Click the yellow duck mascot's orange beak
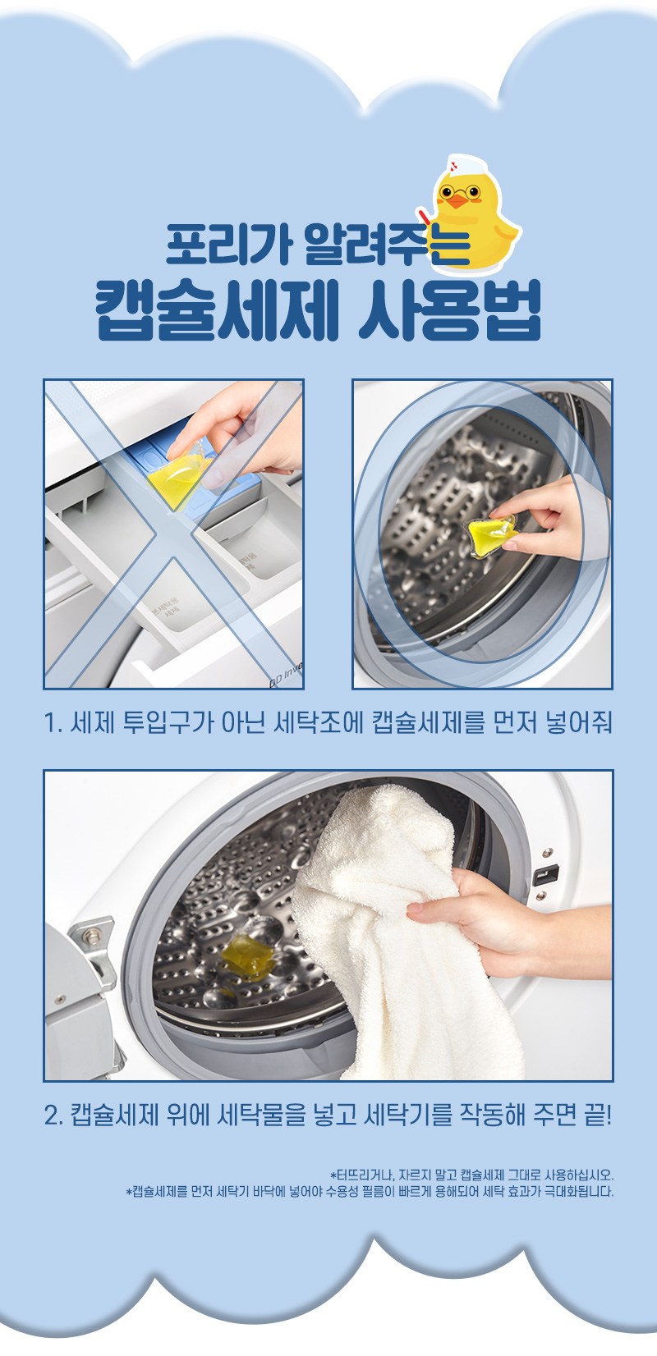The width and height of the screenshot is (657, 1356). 458,202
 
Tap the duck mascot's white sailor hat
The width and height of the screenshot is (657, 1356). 466,164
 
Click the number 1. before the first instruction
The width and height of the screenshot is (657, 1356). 53,722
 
